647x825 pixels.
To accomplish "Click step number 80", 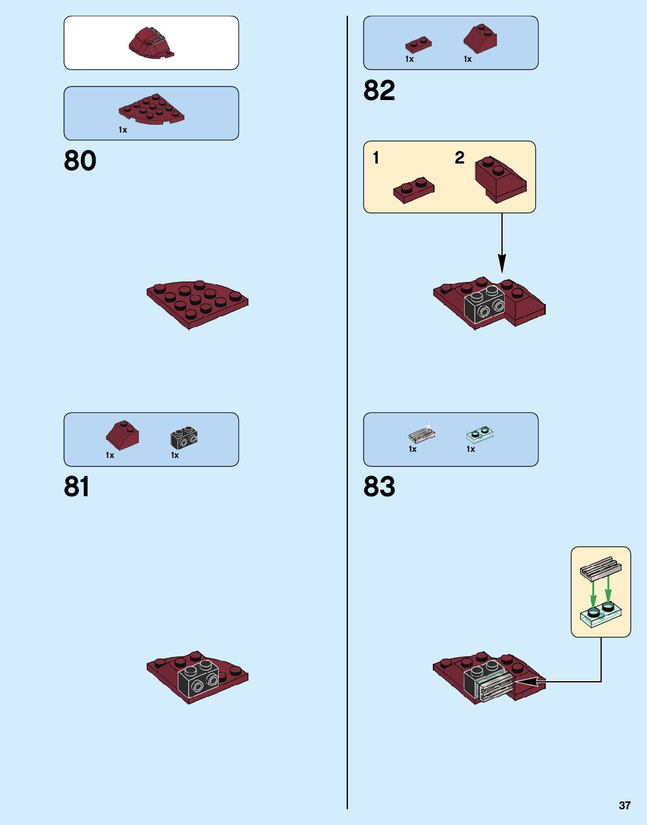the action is [x=80, y=161].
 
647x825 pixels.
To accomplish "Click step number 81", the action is [x=76, y=487].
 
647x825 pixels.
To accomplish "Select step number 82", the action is [x=379, y=90].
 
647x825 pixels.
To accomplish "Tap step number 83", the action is [x=379, y=487].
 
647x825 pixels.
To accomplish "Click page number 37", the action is [x=625, y=805].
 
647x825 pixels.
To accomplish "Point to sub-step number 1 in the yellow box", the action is [x=376, y=158].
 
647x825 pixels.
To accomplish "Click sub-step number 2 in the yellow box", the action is [x=459, y=158].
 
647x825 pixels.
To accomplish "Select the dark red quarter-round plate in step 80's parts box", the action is [x=151, y=109].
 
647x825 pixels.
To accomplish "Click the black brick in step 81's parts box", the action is [x=184, y=438].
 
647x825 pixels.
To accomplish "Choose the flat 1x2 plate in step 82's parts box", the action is [x=418, y=44].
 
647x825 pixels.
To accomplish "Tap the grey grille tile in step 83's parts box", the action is [x=422, y=434].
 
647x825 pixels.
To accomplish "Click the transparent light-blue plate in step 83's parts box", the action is [x=480, y=434].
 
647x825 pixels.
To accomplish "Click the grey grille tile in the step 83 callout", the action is [x=600, y=568].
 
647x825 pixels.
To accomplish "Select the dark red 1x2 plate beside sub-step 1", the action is [x=414, y=191].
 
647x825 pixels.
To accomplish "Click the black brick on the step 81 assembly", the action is [x=198, y=678].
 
